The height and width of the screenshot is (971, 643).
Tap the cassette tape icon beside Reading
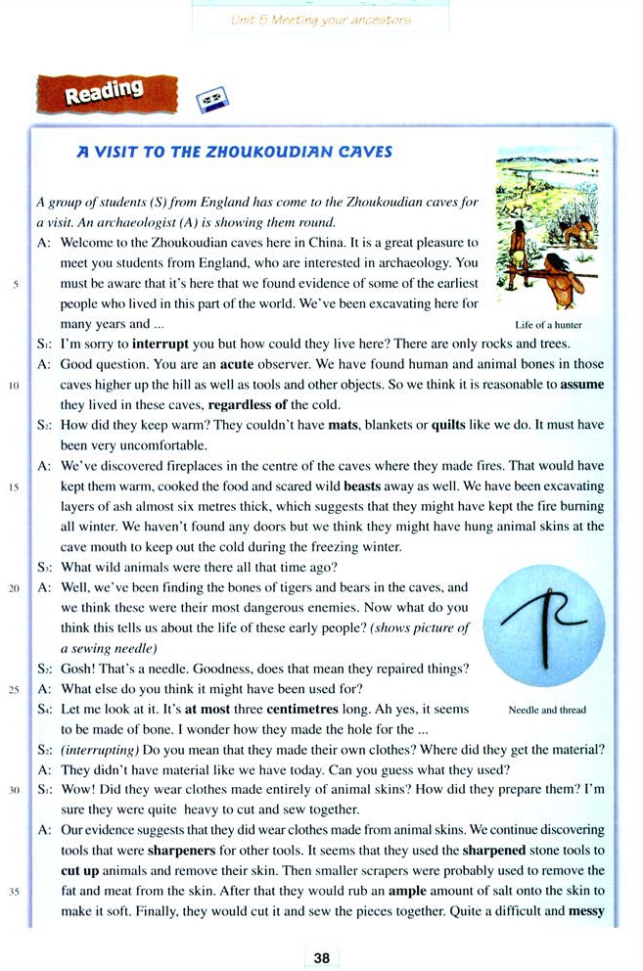(x=210, y=99)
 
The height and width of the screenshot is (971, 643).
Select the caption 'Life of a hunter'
(x=548, y=324)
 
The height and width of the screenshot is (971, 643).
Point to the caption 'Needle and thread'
(x=547, y=710)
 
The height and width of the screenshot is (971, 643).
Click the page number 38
(x=321, y=957)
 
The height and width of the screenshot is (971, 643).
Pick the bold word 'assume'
(x=582, y=383)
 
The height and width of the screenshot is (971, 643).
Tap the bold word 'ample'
(x=407, y=891)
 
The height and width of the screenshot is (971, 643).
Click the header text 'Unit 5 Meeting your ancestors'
(x=320, y=20)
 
